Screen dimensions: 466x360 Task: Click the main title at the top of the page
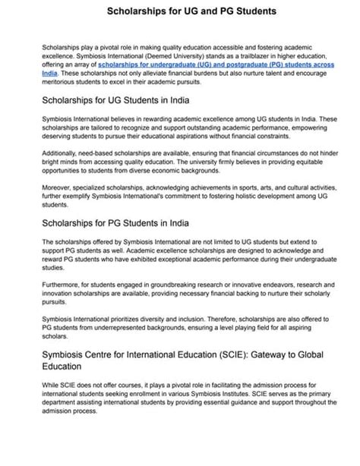180,12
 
